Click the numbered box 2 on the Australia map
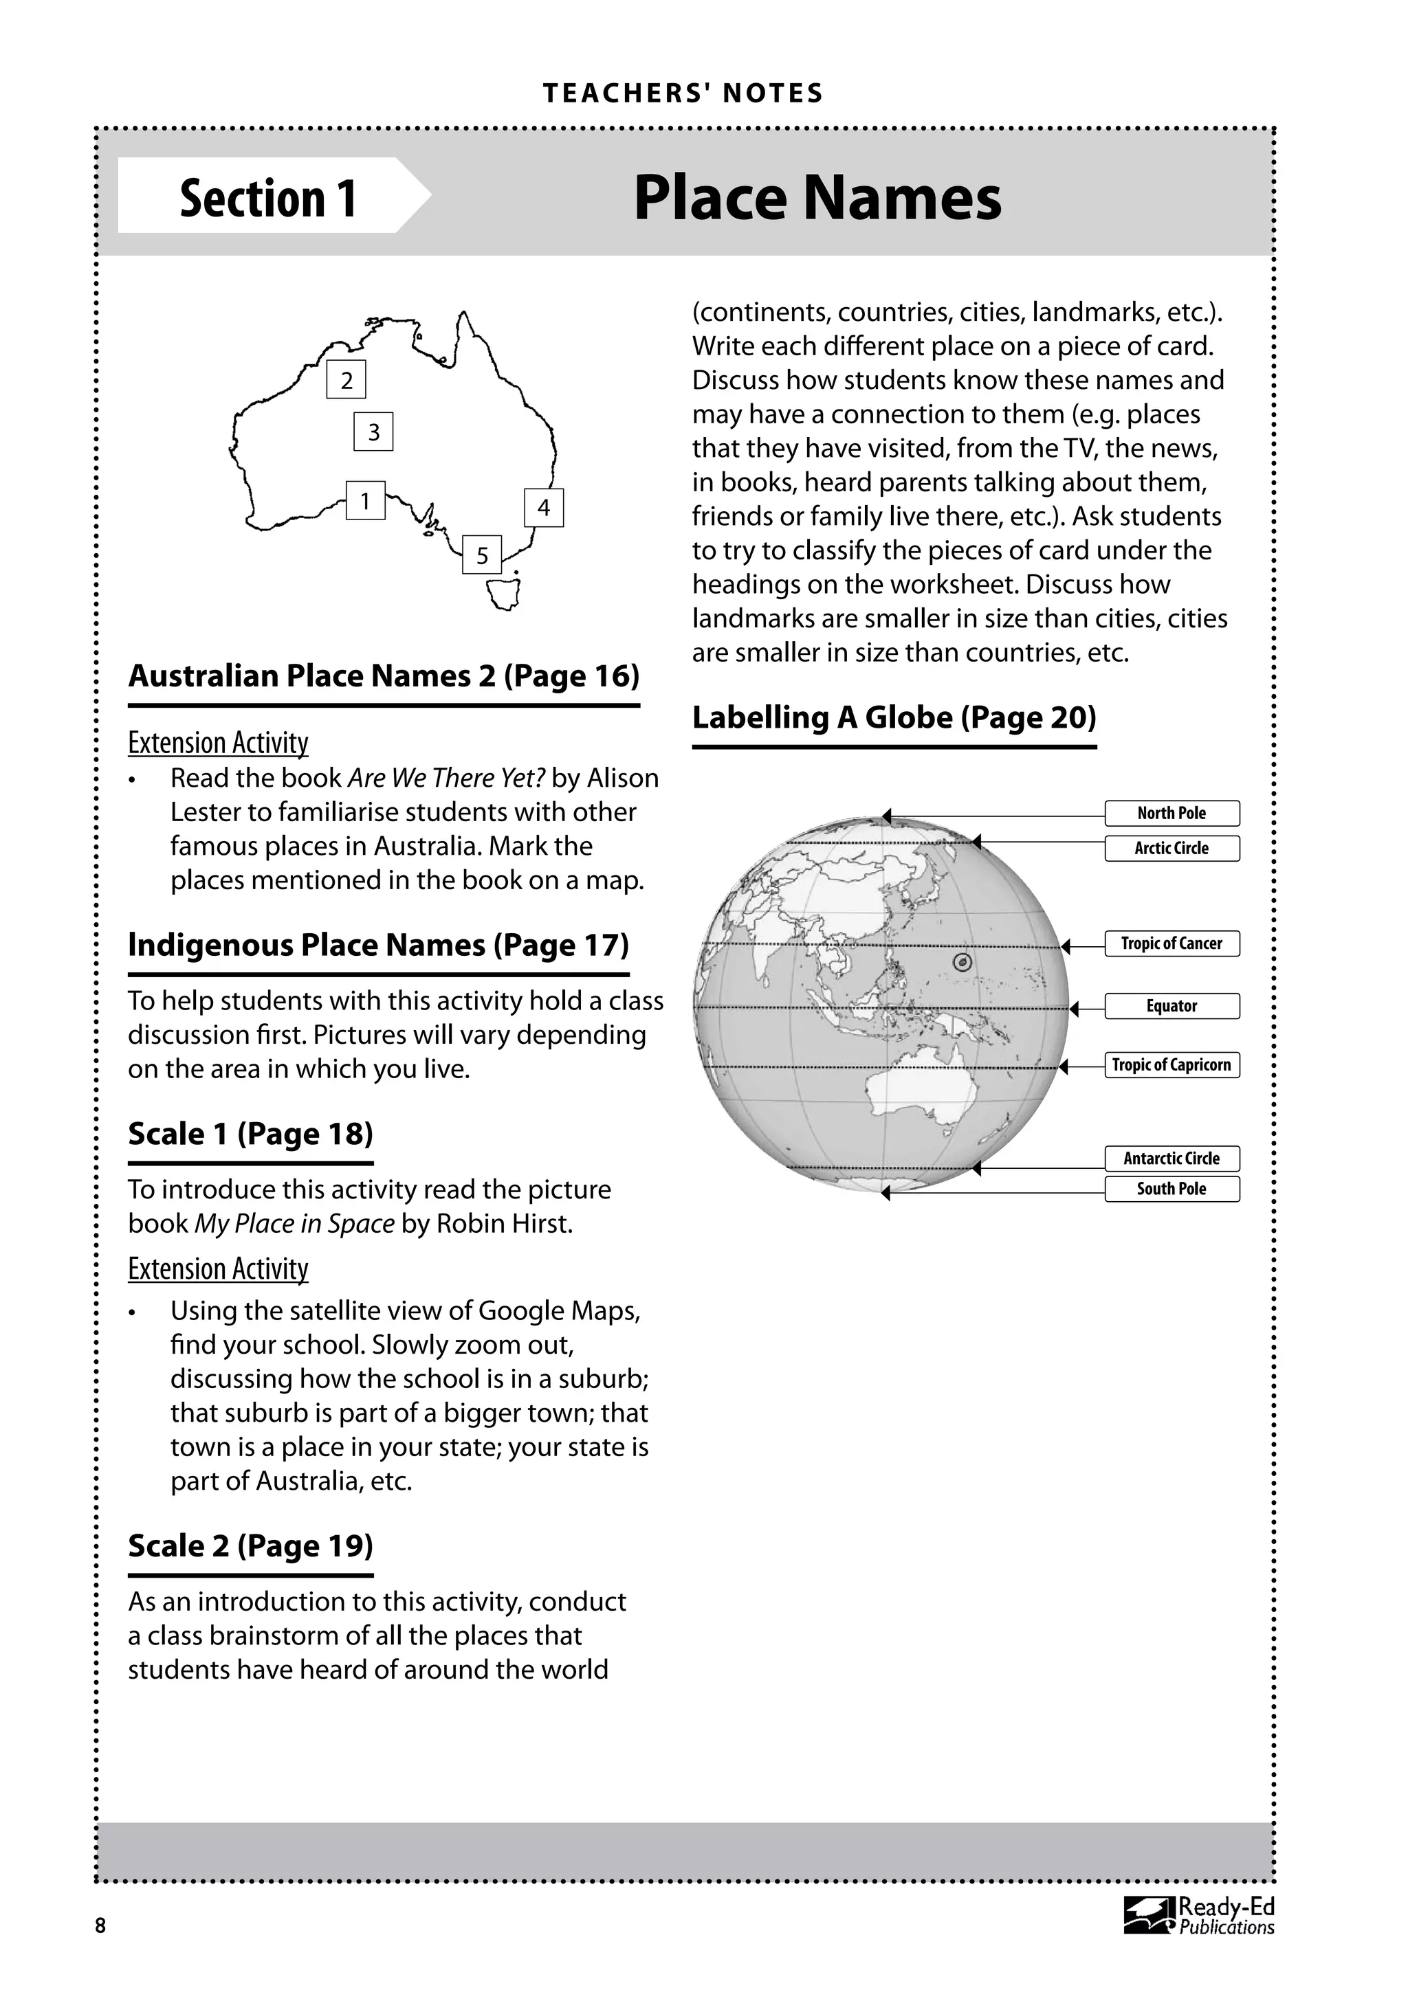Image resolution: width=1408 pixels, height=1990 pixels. click(346, 379)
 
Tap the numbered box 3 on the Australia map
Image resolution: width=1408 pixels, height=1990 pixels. click(374, 432)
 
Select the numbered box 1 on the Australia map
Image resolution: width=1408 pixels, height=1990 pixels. click(365, 501)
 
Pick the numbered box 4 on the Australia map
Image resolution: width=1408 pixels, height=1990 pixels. click(544, 507)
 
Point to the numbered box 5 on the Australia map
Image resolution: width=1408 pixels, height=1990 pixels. click(482, 555)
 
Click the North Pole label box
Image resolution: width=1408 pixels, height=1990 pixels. click(1171, 813)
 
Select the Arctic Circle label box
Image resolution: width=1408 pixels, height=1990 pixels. click(1171, 848)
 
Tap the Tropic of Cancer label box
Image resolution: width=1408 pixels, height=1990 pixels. click(1171, 943)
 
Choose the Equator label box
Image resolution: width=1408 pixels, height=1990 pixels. click(1171, 1005)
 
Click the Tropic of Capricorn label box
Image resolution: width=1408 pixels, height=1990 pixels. click(1171, 1064)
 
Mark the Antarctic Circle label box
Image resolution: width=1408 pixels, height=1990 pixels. click(1171, 1158)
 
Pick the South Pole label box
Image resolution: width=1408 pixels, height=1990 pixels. click(1171, 1188)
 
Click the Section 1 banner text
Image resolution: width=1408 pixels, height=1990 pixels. click(268, 198)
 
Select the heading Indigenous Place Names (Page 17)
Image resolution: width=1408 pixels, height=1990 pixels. click(378, 944)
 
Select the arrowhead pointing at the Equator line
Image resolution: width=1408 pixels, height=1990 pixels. click(1074, 1009)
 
